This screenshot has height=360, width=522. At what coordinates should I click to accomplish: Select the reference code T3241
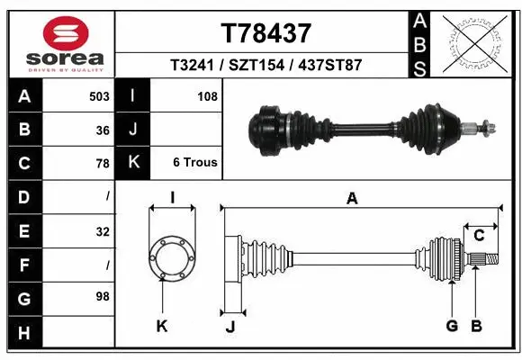(x=192, y=66)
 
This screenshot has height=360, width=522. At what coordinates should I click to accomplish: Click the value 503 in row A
(x=100, y=96)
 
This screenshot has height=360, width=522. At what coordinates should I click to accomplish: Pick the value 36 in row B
(x=103, y=130)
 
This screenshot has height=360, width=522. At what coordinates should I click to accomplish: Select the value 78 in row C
(x=103, y=164)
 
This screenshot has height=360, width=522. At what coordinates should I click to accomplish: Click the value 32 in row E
(x=103, y=231)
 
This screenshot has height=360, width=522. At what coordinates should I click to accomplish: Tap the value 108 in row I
(x=208, y=96)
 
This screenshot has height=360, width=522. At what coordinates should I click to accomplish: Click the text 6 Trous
(x=195, y=163)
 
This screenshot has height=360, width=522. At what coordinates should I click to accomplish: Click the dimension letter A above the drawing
(x=352, y=199)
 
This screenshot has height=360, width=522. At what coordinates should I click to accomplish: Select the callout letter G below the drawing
(x=451, y=326)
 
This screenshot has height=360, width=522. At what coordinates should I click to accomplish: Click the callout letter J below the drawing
(x=229, y=327)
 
